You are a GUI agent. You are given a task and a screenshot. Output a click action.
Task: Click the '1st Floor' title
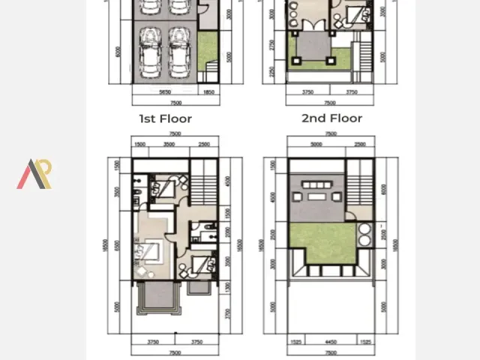coord(165,118)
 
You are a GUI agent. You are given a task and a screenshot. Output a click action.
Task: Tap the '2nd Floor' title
coord(331,118)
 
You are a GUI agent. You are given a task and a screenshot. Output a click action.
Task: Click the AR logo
coord(34,174)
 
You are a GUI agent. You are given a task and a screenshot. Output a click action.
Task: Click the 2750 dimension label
coord(271,45)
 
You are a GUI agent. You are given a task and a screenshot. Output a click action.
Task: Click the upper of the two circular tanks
coord(364,229)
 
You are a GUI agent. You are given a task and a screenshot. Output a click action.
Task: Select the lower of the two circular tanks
coord(364,241)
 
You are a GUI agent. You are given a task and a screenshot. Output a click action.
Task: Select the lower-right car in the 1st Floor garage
coord(178,52)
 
